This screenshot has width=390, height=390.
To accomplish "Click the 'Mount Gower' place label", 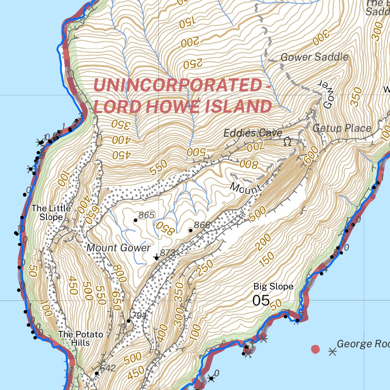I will (118, 248).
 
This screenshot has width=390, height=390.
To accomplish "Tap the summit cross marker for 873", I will (157, 258).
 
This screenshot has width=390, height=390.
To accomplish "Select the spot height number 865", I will (146, 215).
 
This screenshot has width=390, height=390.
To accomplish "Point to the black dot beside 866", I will (190, 230).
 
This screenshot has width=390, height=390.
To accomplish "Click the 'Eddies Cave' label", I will (253, 133).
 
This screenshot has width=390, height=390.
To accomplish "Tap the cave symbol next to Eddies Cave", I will (287, 142).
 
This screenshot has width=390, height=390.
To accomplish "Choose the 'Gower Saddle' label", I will (314, 57).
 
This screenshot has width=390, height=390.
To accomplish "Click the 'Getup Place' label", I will (342, 128).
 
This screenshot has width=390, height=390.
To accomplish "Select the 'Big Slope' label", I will (273, 286).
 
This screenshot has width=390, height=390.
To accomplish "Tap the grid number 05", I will (261, 300).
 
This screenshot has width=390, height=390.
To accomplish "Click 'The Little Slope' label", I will (51, 213).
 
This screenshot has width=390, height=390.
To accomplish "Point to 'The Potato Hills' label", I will (80, 338).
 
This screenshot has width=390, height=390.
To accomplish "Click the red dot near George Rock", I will (315, 349).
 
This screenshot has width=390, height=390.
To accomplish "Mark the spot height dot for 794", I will (129, 321).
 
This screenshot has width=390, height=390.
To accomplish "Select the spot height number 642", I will (108, 368).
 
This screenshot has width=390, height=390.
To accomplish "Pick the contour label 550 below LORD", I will (158, 168).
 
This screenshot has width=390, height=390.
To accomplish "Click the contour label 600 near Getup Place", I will (310, 156).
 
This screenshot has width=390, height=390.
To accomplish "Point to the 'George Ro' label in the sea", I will (363, 344).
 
